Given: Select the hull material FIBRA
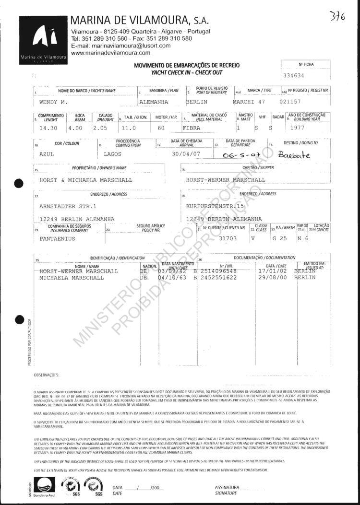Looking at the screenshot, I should [192, 129].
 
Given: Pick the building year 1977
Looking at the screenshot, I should [304, 128].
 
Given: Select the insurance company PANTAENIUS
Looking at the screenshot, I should [59, 237].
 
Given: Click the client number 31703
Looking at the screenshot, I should [228, 237].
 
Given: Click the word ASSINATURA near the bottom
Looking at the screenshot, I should [228, 487].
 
